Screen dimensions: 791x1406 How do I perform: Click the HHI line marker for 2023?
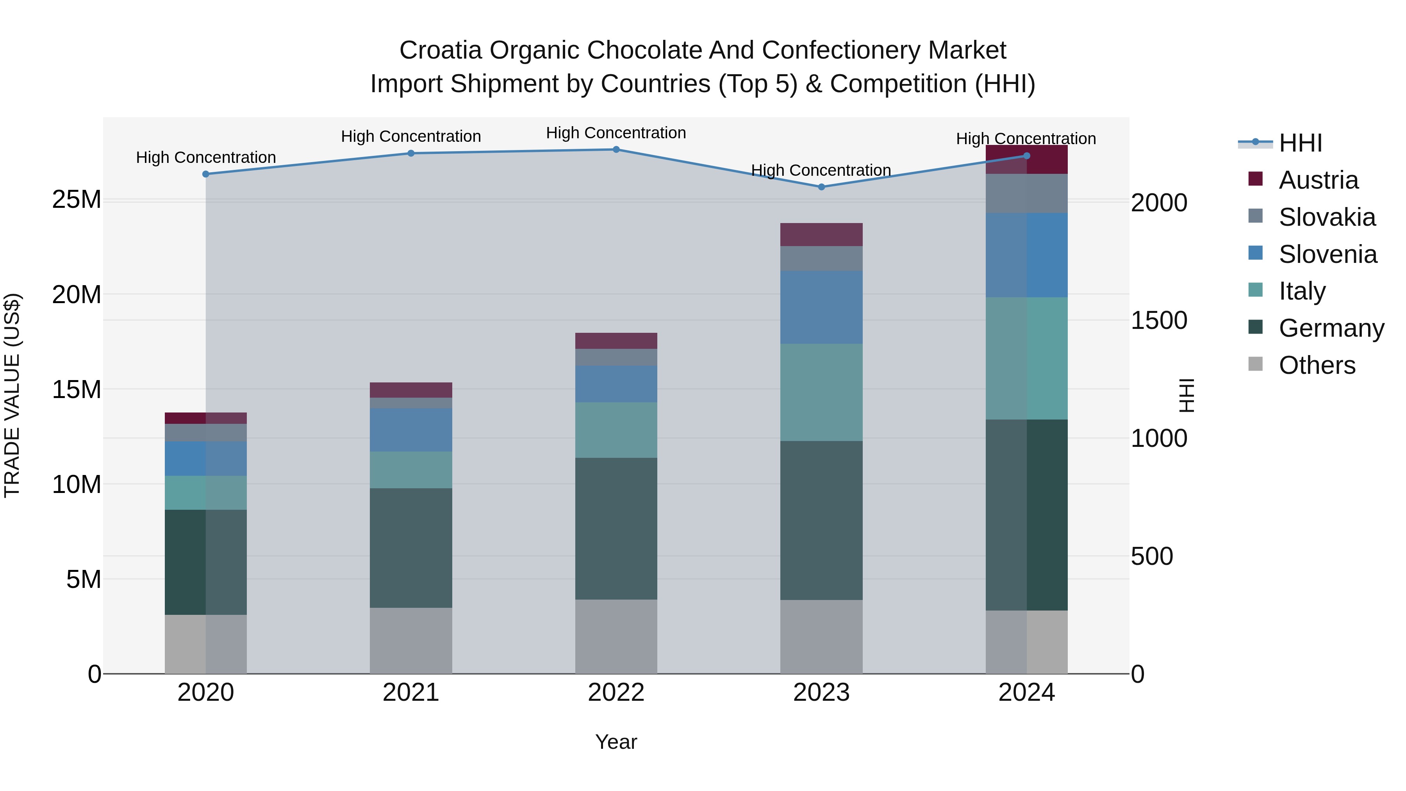click(821, 187)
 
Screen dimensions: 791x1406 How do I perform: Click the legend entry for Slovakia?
click(1326, 217)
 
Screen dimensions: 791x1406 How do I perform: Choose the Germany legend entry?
click(1331, 328)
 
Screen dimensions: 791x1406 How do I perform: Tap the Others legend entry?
click(1317, 365)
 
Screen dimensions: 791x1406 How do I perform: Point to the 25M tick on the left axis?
click(77, 200)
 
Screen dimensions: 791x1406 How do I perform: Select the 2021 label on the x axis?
click(410, 693)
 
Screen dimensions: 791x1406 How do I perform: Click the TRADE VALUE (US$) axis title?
click(12, 395)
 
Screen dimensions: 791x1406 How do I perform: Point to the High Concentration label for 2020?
click(206, 157)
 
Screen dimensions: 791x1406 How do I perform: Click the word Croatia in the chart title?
click(441, 50)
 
